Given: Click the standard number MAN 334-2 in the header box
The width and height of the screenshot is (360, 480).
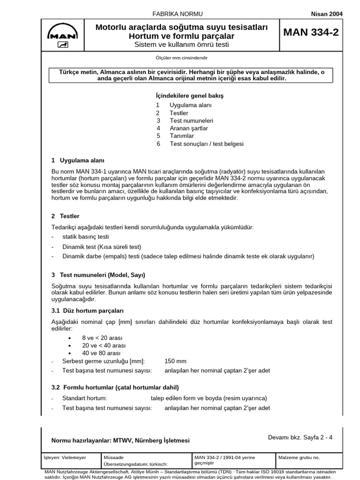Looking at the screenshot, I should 311,32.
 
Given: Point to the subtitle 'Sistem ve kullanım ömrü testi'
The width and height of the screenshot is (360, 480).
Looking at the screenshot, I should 182,45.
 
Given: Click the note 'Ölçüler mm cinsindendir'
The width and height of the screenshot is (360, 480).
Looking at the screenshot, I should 181,58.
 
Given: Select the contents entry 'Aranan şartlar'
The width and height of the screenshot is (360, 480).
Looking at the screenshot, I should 188,128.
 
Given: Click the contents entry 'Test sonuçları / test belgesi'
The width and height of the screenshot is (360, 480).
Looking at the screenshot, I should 206,144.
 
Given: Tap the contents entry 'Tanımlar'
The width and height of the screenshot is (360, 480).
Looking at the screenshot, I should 181,136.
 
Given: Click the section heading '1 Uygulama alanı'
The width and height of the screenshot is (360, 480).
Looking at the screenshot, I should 78,160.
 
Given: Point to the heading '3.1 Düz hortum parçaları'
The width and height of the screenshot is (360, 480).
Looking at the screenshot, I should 87,311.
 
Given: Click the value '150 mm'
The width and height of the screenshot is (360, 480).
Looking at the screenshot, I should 175,361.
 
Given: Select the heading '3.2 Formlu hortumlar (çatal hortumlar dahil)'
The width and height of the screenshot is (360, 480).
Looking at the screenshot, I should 115,388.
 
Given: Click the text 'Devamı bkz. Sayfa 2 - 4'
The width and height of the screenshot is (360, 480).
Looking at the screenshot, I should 300,437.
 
